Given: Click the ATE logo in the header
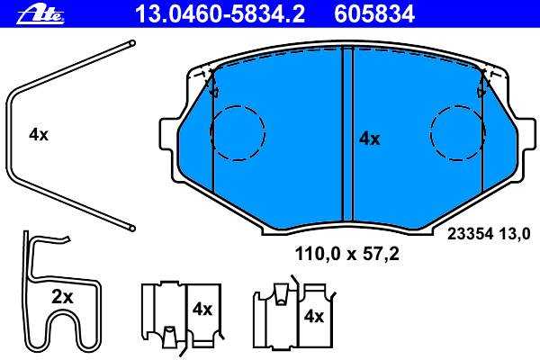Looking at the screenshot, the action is tap(40, 14).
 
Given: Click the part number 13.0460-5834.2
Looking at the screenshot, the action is tap(220, 14).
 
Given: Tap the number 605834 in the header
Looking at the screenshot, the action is tap(374, 14).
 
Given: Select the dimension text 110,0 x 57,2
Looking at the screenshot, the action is tap(346, 254).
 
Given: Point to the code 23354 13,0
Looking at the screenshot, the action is tap(489, 234).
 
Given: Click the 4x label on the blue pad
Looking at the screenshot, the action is tap(369, 139).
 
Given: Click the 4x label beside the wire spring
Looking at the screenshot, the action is tap(39, 134).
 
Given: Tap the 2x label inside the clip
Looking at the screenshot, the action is tap(62, 297).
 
